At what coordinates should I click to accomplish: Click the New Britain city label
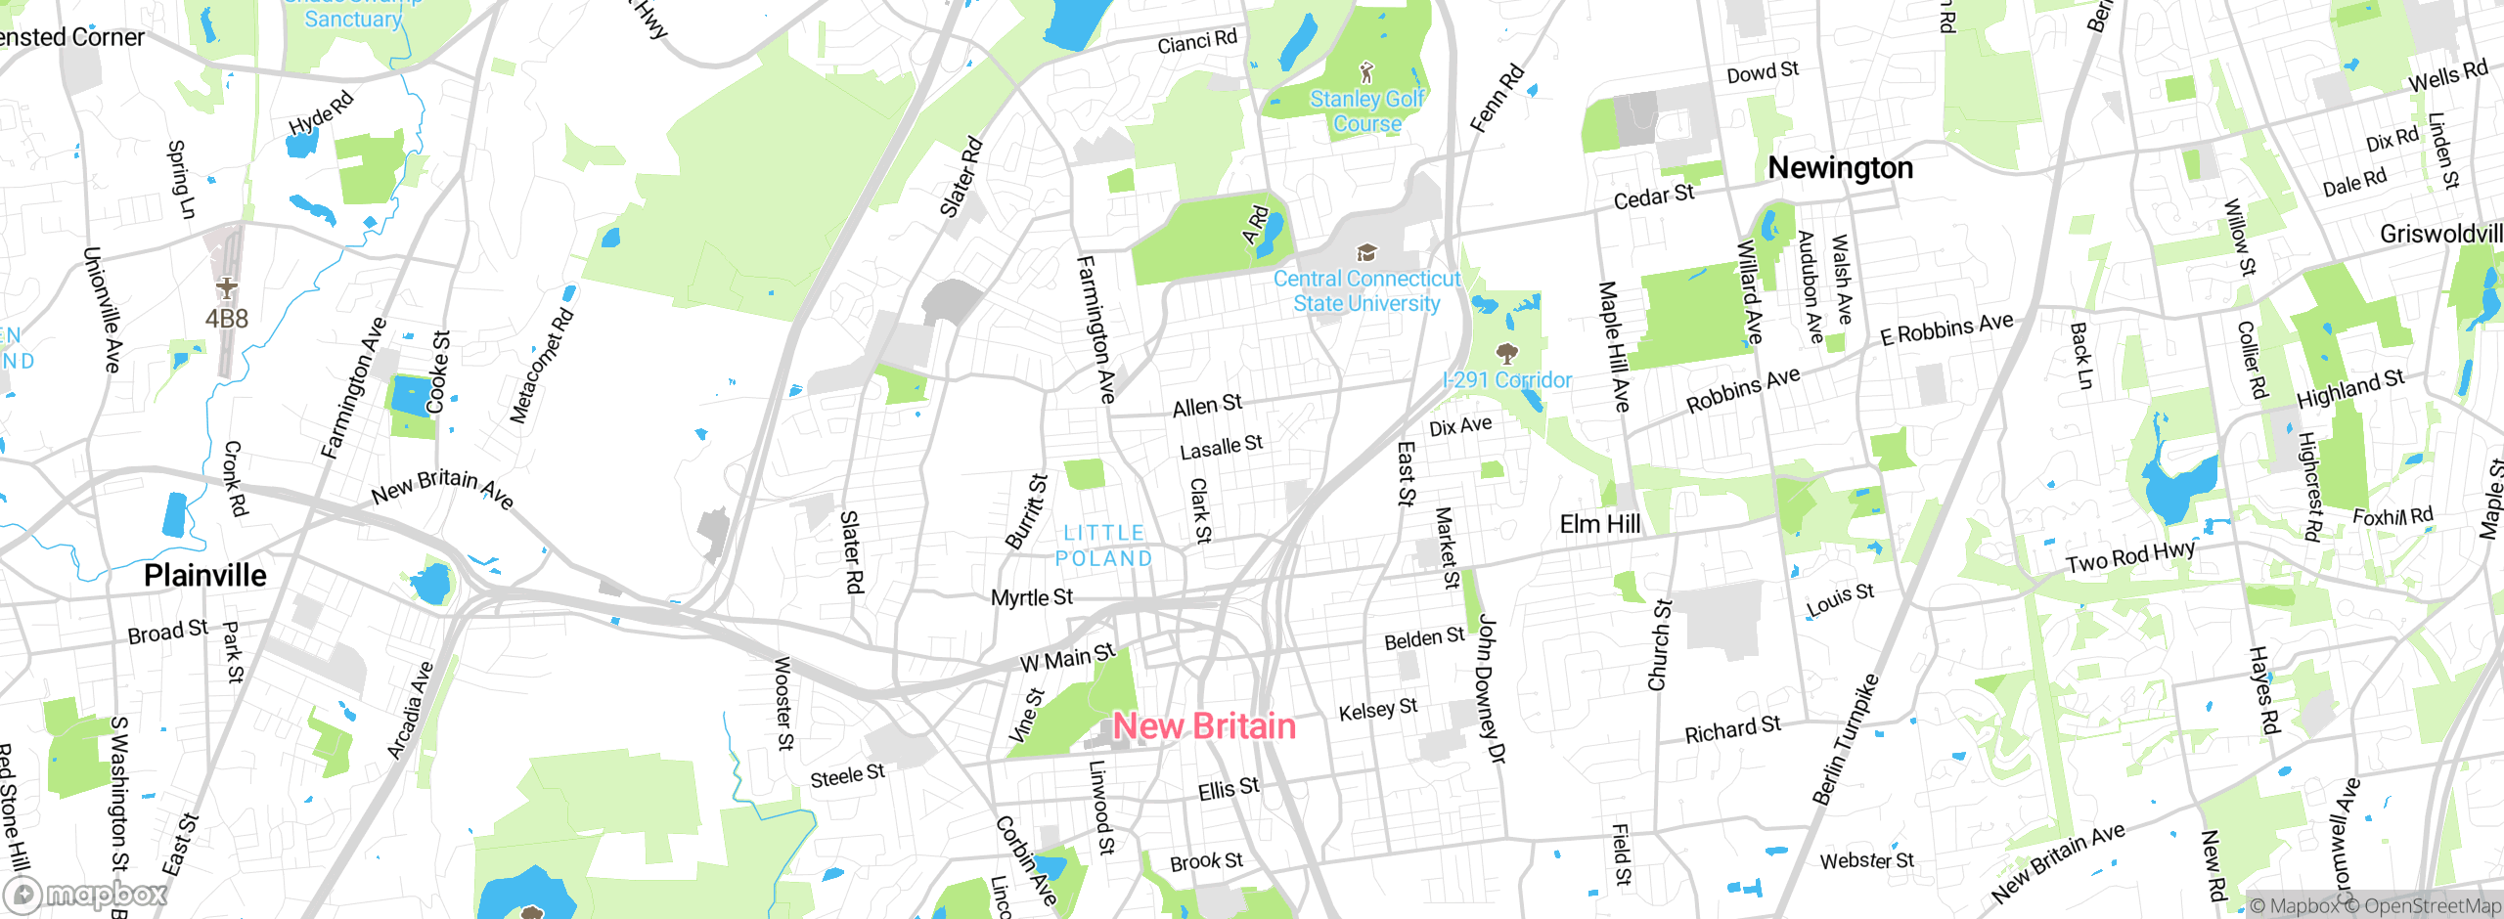coord(1204,726)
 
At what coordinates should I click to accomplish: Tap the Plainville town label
coord(205,575)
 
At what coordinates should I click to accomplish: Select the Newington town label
coord(1840,168)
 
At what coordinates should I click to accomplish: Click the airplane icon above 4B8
coord(227,287)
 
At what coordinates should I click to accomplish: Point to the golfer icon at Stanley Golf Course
coord(1366,72)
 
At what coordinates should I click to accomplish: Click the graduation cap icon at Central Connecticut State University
coord(1366,253)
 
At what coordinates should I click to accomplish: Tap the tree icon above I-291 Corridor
coord(1507,353)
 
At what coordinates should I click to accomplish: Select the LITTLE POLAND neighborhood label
coord(1104,546)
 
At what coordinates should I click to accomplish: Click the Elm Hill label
coord(1599,524)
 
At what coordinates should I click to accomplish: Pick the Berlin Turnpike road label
coord(1845,739)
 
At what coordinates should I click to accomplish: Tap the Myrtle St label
coord(1031,597)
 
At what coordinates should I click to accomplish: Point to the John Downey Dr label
coord(1491,688)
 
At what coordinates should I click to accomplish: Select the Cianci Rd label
coord(1196,42)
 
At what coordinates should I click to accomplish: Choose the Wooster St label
coord(783,703)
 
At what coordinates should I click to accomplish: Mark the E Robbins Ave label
coord(1946,329)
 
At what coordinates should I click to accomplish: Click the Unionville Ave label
coord(102,309)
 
